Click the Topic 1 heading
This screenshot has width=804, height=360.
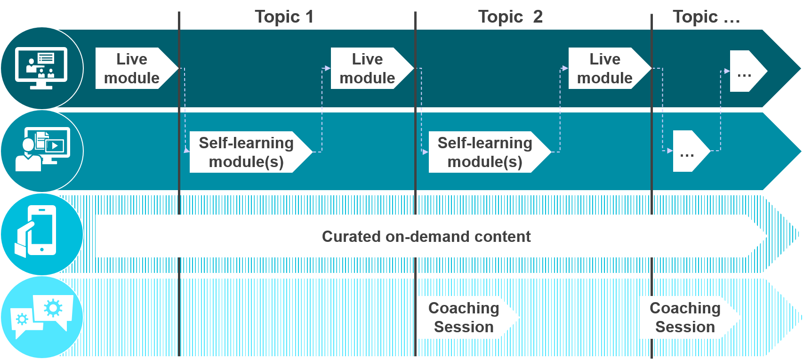click(284, 17)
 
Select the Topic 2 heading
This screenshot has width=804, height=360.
click(510, 17)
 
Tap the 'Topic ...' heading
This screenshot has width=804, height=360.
click(706, 17)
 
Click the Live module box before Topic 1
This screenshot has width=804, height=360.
click(132, 68)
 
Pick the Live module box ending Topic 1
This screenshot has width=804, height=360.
click(368, 68)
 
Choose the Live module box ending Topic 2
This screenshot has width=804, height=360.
click(605, 68)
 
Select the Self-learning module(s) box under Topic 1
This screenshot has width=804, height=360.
click(247, 152)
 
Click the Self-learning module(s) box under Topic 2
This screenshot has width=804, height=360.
click(485, 152)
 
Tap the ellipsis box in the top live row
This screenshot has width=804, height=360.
click(745, 72)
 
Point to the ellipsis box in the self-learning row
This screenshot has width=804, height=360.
click(688, 151)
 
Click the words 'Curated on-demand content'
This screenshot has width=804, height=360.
click(426, 236)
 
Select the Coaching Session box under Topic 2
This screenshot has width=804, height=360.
click(464, 317)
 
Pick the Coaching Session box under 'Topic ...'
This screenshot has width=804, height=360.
click(685, 317)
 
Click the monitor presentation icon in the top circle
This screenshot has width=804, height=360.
click(41, 68)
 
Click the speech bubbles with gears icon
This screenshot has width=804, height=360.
click(42, 315)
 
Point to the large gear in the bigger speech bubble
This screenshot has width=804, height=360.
click(53, 308)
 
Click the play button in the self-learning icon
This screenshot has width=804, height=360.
click(55, 146)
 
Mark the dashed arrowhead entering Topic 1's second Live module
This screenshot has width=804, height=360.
click(328, 68)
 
